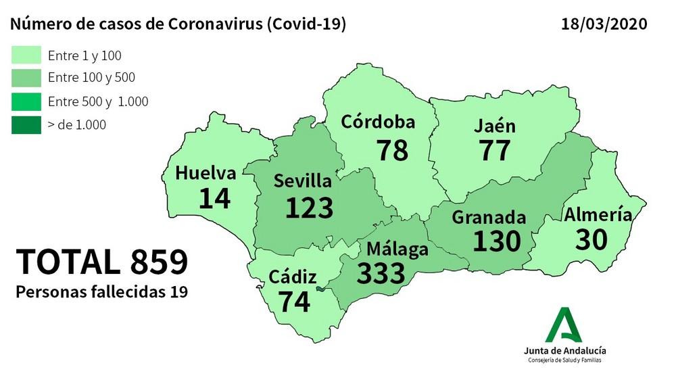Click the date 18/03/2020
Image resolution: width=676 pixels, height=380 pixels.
(x=604, y=24)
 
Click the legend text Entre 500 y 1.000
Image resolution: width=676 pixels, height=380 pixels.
(x=98, y=102)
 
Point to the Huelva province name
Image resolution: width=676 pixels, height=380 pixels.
(x=206, y=173)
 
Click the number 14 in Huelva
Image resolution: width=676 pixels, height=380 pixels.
(x=215, y=198)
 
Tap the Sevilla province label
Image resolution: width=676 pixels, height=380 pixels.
(x=302, y=181)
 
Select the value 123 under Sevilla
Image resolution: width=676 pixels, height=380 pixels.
(x=310, y=208)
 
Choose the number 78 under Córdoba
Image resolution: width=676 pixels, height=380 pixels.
(x=393, y=149)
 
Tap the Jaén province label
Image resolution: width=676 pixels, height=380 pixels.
(x=495, y=126)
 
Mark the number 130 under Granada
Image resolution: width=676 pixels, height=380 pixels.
(x=497, y=241)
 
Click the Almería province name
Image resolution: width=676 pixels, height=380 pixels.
(x=598, y=215)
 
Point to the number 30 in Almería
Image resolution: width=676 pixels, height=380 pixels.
(x=592, y=239)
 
